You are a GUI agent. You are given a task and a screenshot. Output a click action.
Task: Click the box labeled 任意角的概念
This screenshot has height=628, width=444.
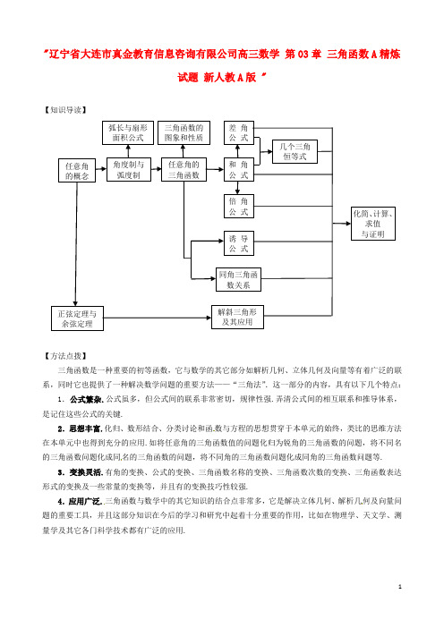(x=77, y=170)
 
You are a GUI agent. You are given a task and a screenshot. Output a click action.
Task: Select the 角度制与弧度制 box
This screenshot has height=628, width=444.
(x=129, y=169)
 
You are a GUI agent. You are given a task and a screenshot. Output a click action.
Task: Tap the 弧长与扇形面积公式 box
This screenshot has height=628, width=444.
(x=128, y=132)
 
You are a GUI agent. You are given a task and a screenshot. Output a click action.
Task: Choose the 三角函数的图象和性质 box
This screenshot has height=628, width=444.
(x=184, y=132)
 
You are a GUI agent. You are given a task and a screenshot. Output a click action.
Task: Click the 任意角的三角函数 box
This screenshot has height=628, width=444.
(x=184, y=169)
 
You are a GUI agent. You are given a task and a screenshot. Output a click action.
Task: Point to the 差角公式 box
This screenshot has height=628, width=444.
(x=239, y=132)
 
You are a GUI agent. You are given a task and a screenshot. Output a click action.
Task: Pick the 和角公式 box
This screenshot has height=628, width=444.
(x=239, y=169)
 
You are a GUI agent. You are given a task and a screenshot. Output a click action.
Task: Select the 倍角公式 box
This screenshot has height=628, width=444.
(x=239, y=207)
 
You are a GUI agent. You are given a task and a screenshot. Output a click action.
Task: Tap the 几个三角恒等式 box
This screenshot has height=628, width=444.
(x=295, y=151)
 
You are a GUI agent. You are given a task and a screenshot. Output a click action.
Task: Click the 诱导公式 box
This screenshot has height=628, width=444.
(x=239, y=243)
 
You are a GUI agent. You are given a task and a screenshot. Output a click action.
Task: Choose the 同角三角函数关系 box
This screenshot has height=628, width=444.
(x=238, y=279)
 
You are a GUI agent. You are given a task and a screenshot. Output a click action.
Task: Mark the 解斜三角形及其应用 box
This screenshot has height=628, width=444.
(x=237, y=317)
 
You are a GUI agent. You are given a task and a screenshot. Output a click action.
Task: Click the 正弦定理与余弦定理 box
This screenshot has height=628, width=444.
(x=77, y=318)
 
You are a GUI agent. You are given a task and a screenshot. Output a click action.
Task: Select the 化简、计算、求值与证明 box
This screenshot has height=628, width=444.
(x=373, y=224)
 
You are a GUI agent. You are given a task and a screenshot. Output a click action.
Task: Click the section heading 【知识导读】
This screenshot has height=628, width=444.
(x=65, y=110)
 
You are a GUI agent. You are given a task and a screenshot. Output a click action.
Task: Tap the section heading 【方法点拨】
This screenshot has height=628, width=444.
(x=65, y=356)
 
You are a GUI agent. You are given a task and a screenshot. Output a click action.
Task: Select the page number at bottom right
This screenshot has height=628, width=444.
(x=400, y=587)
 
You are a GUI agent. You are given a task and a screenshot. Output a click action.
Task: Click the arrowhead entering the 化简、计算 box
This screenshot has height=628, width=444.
(x=347, y=224)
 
